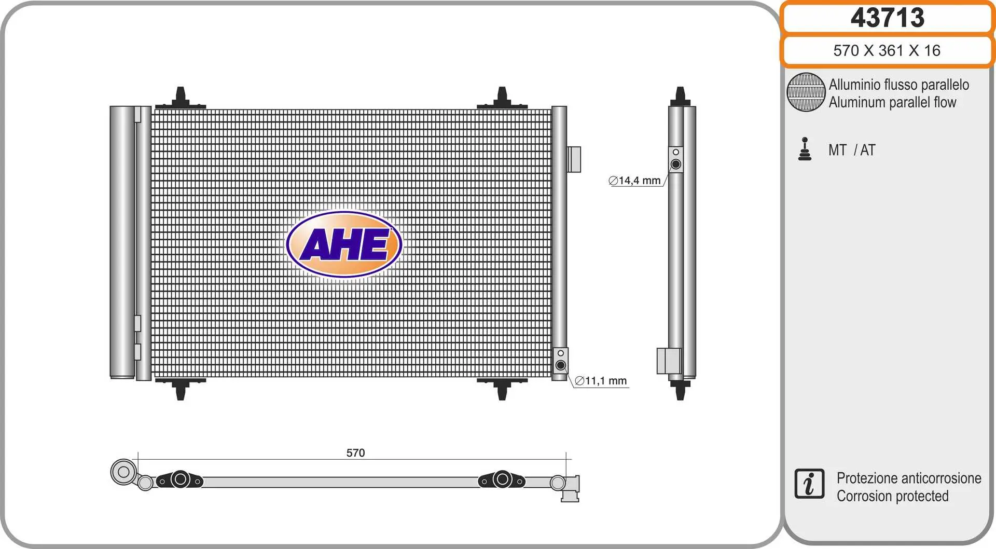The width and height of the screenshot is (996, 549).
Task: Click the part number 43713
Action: click(x=887, y=18)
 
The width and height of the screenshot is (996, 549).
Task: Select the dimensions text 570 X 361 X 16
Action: click(x=887, y=50)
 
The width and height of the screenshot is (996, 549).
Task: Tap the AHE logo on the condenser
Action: click(x=344, y=244)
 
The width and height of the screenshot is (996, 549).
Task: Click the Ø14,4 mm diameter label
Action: click(x=634, y=181)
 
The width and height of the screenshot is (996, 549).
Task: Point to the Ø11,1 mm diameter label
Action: click(x=601, y=381)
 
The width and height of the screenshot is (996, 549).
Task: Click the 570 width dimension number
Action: click(x=355, y=452)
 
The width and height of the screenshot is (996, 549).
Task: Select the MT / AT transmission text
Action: click(x=852, y=150)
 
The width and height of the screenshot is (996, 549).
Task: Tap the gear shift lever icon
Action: click(x=805, y=149)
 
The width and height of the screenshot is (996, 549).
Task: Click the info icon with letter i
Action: click(x=809, y=484)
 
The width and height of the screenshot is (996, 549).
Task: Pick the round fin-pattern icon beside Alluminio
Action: click(x=806, y=92)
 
